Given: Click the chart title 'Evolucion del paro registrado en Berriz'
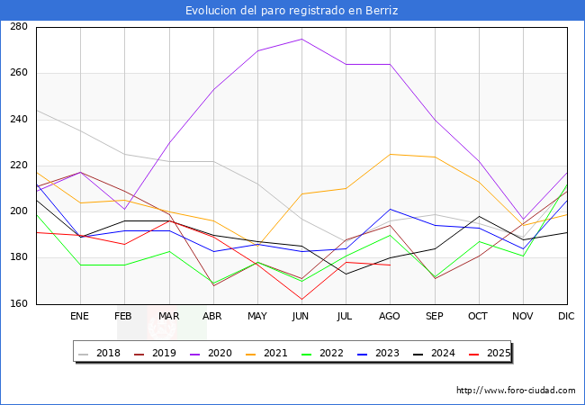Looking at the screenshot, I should coord(292,10).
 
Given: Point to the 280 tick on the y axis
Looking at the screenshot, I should coord(19,27).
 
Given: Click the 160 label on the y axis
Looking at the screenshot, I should coord(19,304).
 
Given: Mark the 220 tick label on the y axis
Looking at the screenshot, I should coord(19,166).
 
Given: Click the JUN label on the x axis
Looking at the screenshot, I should coord(301,316).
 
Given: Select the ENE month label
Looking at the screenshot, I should coord(80,316).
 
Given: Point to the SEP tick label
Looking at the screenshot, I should coord(434,316).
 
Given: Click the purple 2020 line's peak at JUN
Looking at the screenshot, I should coord(301,39).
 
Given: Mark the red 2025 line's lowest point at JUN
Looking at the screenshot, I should coord(301,299).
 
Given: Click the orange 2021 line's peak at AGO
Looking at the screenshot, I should coord(390,154).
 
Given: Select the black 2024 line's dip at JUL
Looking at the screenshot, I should coord(346,274).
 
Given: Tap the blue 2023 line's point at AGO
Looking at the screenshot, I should coord(390,209).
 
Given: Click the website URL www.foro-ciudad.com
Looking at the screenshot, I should coord(516,391).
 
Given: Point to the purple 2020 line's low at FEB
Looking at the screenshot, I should coord(124,209).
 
